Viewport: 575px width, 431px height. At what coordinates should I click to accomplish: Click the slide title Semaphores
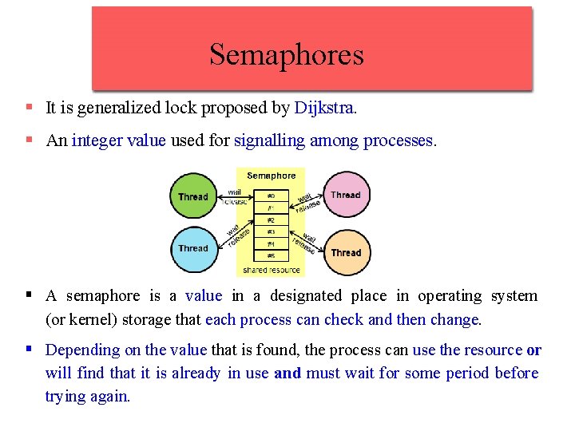pyautogui.click(x=286, y=54)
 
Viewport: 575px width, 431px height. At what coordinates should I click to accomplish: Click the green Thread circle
pyautogui.click(x=192, y=196)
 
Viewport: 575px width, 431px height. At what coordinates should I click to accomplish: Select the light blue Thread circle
pyautogui.click(x=192, y=248)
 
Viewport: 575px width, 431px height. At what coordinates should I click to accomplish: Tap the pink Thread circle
pyautogui.click(x=346, y=195)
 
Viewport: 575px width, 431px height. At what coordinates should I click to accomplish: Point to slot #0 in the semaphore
pyautogui.click(x=271, y=196)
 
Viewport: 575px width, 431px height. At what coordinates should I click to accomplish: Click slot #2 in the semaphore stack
pyautogui.click(x=271, y=219)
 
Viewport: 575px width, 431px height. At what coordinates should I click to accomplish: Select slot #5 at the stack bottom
pyautogui.click(x=271, y=255)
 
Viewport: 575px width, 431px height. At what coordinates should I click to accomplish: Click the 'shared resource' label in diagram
pyautogui.click(x=271, y=269)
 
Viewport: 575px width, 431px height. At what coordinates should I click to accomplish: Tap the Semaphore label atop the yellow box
pyautogui.click(x=271, y=176)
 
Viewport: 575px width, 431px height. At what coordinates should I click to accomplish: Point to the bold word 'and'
pyautogui.click(x=287, y=373)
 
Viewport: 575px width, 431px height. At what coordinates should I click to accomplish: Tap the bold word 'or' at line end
pyautogui.click(x=533, y=350)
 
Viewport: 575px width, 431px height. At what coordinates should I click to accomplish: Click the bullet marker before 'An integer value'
pyautogui.click(x=29, y=140)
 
